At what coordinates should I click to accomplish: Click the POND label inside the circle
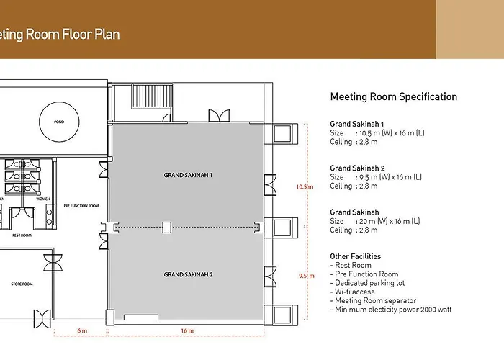(59, 122)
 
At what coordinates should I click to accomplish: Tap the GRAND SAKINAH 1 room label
(188, 175)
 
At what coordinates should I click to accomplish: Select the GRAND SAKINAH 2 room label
(188, 274)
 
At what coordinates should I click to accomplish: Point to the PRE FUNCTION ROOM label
(81, 206)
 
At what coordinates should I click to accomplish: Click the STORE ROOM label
(22, 284)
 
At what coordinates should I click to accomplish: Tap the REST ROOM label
(22, 235)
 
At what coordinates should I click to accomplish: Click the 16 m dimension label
(187, 330)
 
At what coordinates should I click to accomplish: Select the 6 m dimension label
(82, 330)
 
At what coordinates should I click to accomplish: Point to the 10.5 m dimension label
(305, 186)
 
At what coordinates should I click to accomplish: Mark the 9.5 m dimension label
(307, 276)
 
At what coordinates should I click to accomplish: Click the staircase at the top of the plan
(152, 96)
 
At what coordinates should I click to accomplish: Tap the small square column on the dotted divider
(166, 228)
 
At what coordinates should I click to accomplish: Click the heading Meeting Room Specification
(394, 96)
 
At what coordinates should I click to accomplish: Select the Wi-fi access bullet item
(352, 292)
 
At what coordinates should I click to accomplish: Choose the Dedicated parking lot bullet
(367, 283)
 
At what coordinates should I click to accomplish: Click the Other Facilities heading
(356, 256)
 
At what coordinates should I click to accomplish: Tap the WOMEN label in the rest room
(42, 199)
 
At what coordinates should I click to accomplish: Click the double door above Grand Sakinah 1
(219, 116)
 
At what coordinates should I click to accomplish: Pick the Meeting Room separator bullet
(373, 300)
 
